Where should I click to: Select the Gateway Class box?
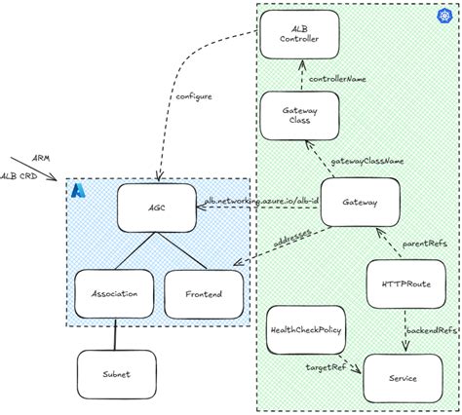click(x=299, y=116)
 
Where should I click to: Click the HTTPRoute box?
click(x=404, y=283)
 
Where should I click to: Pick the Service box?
click(x=403, y=378)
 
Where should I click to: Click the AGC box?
click(x=157, y=207)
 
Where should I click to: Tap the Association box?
click(x=112, y=292)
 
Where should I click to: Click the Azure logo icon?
click(x=78, y=191)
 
